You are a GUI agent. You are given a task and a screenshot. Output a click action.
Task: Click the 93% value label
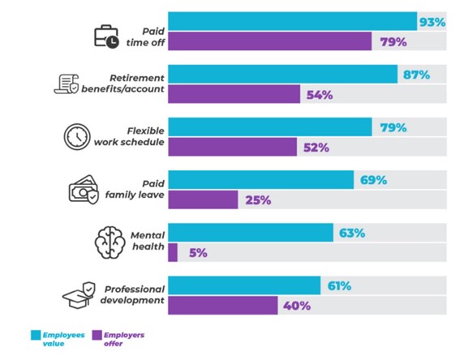tap(432, 22)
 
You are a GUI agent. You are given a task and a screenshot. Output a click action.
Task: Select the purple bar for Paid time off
tap(269, 41)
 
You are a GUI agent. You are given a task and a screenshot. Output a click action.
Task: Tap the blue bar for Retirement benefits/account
tap(283, 75)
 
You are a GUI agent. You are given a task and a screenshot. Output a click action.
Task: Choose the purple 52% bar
tap(232, 147)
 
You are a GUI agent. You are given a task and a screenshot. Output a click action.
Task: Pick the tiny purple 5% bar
tap(173, 252)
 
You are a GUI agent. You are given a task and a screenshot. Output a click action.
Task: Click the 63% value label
tap(351, 234)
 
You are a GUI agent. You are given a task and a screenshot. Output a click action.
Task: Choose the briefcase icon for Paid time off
tap(106, 36)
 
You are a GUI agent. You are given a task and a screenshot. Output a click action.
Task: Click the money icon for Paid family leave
tap(84, 191)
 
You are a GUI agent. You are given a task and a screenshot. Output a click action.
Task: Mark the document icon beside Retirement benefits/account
tap(67, 84)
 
